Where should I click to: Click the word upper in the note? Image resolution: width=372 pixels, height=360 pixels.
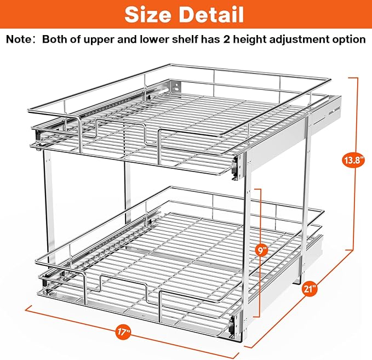[105, 40]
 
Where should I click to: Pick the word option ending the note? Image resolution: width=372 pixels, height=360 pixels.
[349, 40]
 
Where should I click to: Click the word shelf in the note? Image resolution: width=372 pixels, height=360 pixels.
[184, 40]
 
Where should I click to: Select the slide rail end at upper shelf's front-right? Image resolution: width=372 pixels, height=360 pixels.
[237, 165]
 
